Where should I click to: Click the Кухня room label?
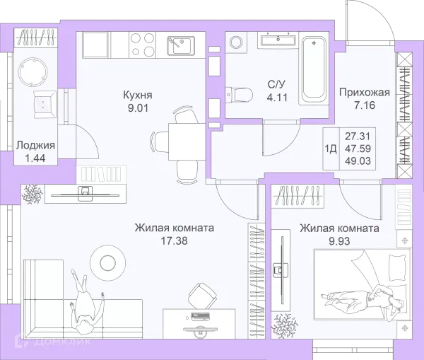[138, 95]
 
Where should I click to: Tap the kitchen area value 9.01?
[138, 108]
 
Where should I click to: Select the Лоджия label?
[35, 146]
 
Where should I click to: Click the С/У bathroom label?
[276, 84]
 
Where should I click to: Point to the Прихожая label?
[365, 93]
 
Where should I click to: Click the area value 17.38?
[174, 240]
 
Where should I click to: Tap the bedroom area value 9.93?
[339, 241]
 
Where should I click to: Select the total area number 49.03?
[358, 161]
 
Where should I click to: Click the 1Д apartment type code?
[331, 149]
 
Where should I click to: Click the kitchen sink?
[181, 45]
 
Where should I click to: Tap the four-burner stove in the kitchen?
[142, 45]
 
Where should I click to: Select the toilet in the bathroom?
[239, 95]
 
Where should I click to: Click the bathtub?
[314, 69]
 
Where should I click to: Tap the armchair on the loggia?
[45, 105]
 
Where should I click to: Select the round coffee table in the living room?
[107, 262]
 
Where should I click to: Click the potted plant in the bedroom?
[287, 325]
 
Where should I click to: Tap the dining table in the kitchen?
[187, 141]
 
